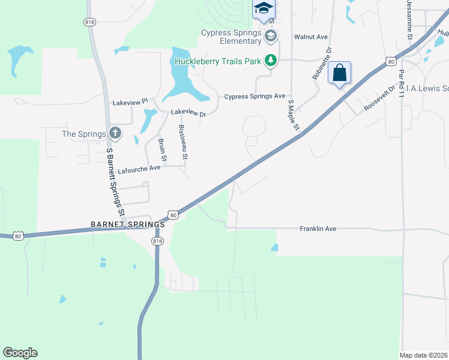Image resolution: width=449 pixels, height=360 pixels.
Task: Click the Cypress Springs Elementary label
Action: tap(231, 37)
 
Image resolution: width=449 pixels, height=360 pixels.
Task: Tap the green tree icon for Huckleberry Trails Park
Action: tap(271, 61)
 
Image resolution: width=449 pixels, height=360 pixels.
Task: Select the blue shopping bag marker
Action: tap(339, 73)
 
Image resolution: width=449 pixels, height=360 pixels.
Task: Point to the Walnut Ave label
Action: tap(310, 37)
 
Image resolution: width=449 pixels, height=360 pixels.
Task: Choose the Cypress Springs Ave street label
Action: tap(255, 96)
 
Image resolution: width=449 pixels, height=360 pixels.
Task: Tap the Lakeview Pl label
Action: tap(130, 103)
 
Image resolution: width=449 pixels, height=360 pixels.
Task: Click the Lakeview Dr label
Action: tap(188, 112)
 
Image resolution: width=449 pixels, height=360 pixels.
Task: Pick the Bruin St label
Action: tap(162, 149)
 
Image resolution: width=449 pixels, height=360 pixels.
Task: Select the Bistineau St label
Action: tap(184, 143)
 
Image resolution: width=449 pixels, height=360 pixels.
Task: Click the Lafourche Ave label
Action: tap(139, 169)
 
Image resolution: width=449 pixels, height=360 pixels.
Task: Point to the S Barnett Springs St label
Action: tap(115, 182)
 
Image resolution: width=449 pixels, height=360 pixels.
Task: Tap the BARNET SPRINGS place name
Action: tap(127, 224)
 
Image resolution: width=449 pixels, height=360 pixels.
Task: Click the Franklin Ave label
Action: tap(318, 229)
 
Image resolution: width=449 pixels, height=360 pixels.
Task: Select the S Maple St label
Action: tap(293, 115)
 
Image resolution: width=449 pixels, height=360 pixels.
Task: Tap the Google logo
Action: tap(20, 353)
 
